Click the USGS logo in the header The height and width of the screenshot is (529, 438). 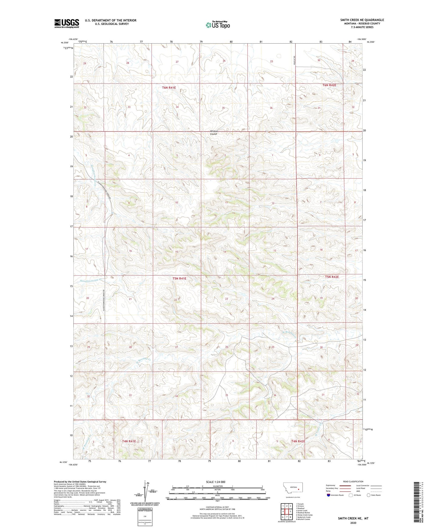pos(67,23)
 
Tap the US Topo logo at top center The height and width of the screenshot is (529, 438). pos(218,25)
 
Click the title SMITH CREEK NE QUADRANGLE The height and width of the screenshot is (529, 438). pos(362,20)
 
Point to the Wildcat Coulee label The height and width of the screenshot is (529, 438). pos(214,132)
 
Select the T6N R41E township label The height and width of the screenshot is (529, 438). pos(169,88)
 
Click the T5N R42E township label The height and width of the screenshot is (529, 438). pos(332,277)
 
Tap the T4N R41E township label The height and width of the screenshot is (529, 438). pos(129,441)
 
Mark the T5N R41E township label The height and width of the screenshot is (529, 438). pos(179,278)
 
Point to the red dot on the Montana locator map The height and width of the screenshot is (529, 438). pos(299,489)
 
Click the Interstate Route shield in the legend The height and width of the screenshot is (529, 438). pos(329,495)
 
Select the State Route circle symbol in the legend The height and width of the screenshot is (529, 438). pos(368,495)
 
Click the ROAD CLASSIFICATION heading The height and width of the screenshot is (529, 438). pos(353,481)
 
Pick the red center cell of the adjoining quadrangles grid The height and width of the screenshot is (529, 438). pos(286,512)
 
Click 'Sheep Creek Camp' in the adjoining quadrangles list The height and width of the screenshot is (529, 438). pos(304,515)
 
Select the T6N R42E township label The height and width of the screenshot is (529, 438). pos(329,85)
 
